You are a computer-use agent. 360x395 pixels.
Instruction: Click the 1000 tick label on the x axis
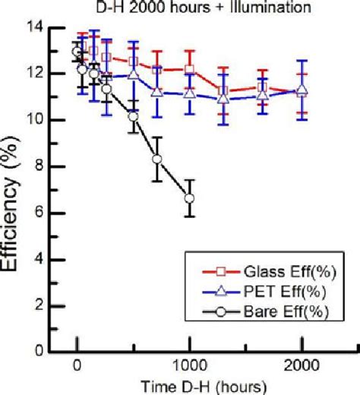pos(189,365)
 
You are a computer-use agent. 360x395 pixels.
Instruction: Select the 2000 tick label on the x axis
pos(302,365)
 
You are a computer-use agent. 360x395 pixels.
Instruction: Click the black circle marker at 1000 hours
pos(189,198)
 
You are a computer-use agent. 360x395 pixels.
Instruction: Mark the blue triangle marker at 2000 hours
pos(302,90)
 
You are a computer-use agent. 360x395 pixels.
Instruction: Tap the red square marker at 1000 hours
pos(189,70)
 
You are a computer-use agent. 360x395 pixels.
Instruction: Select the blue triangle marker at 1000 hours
pos(189,93)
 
